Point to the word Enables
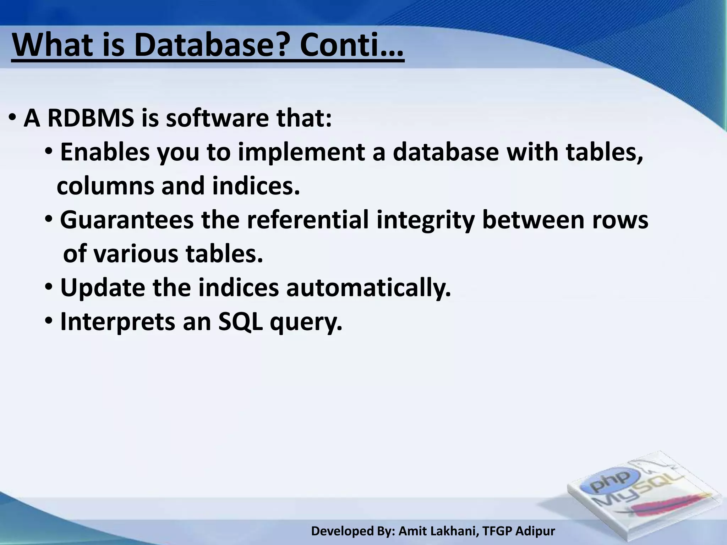pos(105,152)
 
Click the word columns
pos(105,186)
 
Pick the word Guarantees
pos(127,220)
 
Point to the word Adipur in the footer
pos(535,531)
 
